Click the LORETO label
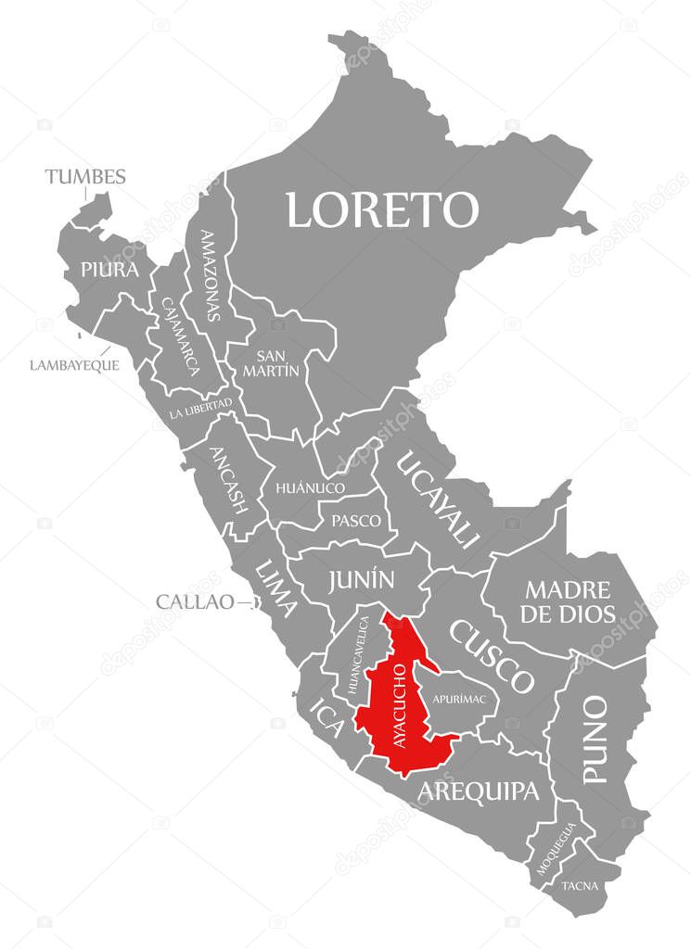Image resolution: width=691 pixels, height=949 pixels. pos(381,209)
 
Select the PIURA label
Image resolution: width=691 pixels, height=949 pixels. pos(109,270)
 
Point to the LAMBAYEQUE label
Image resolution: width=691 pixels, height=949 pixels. pos(74,365)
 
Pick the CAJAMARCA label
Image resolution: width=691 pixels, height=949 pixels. pos(180,335)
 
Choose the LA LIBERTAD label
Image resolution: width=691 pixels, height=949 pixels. pos(201,409)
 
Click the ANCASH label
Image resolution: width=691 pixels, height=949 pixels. pos(228,480)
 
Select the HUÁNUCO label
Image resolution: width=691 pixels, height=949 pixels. pos(310,487)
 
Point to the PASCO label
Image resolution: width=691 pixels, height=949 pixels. pos(356,521)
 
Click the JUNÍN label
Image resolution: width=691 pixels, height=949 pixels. pos(362,580)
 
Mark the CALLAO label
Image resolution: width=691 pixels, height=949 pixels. pos(195,601)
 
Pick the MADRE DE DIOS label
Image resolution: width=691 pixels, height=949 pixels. pos(569,601)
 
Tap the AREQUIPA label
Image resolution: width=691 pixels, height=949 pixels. pos(478,791)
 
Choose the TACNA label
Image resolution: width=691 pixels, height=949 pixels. pos(581,886)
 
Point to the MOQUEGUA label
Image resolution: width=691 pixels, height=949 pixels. pos(557,848)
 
